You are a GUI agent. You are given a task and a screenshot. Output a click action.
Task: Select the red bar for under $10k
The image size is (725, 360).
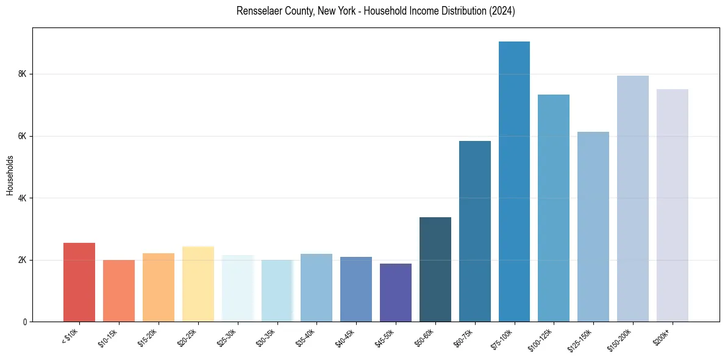tap(79, 283)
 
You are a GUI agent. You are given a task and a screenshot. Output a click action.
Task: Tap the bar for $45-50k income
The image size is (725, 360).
tap(396, 293)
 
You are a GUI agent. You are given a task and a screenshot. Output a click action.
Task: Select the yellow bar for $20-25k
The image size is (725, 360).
tap(198, 284)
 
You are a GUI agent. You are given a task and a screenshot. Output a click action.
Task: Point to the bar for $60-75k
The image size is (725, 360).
tap(474, 231)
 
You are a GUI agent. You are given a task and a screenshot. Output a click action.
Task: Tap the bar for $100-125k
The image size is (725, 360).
tap(554, 208)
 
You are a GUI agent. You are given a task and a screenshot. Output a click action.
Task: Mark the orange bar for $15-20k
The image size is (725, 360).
tap(159, 287)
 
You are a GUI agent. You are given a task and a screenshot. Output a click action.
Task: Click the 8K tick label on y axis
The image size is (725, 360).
tap(23, 74)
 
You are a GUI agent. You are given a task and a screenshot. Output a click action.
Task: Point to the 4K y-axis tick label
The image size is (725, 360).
tap(23, 198)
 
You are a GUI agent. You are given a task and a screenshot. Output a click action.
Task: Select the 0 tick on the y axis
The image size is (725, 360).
tap(24, 322)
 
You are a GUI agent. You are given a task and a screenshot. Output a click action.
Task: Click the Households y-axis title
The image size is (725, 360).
tap(10, 175)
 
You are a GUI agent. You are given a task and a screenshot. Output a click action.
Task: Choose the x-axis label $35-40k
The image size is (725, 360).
tap(305, 336)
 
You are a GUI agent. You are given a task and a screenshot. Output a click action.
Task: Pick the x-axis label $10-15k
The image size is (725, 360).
tap(108, 336)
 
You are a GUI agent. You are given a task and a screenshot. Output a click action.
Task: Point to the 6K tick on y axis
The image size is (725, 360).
tap(23, 136)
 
